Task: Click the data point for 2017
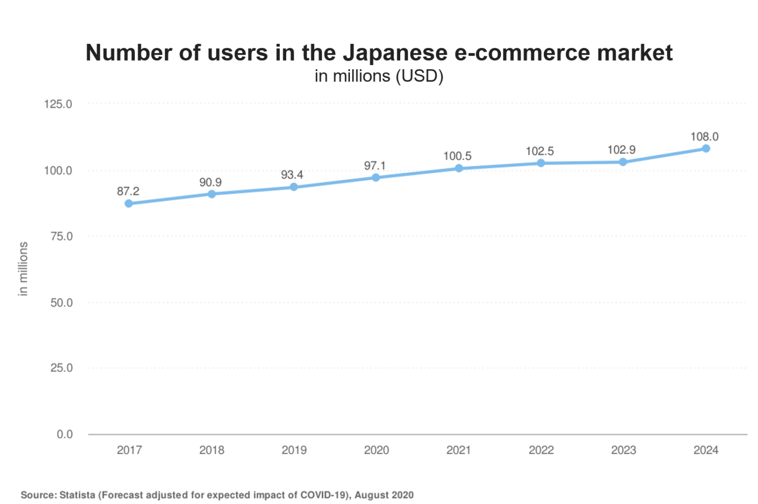(x=129, y=203)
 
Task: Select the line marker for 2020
(x=376, y=178)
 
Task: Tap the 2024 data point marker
(x=706, y=148)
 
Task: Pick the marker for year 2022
(x=541, y=163)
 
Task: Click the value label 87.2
(x=128, y=191)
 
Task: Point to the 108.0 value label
(x=704, y=137)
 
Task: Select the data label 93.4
(x=292, y=175)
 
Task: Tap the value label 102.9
(x=621, y=150)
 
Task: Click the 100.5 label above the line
(x=457, y=156)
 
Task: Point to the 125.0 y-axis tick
(x=58, y=104)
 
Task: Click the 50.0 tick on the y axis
(x=61, y=303)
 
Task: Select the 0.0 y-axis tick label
(x=65, y=434)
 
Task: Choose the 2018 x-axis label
(x=212, y=450)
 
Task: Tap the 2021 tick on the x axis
(x=458, y=450)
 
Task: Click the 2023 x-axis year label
(x=623, y=450)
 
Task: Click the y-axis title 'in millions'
(x=23, y=269)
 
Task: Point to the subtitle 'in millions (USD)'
(x=379, y=76)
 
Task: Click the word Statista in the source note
(x=77, y=495)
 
